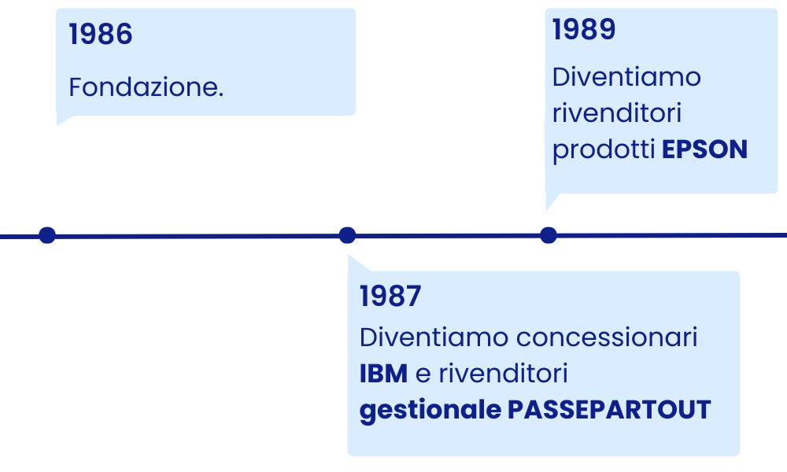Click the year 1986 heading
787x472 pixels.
101,34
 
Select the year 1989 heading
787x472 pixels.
584,29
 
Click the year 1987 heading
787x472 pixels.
390,296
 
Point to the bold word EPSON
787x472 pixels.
704,149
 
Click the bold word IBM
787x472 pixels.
383,374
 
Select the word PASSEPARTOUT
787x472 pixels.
609,410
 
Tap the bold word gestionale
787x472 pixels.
430,411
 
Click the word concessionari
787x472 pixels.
607,337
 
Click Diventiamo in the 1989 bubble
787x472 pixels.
626,77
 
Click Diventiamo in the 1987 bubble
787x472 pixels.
434,337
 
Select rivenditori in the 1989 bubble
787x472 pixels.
617,113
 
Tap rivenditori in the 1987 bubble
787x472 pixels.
504,374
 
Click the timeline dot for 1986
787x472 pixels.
47,235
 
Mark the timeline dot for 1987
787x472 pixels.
347,235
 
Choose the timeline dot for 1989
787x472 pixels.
549,235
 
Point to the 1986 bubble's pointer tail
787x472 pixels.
62,120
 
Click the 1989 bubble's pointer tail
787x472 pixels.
551,201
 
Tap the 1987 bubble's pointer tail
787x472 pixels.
356,264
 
